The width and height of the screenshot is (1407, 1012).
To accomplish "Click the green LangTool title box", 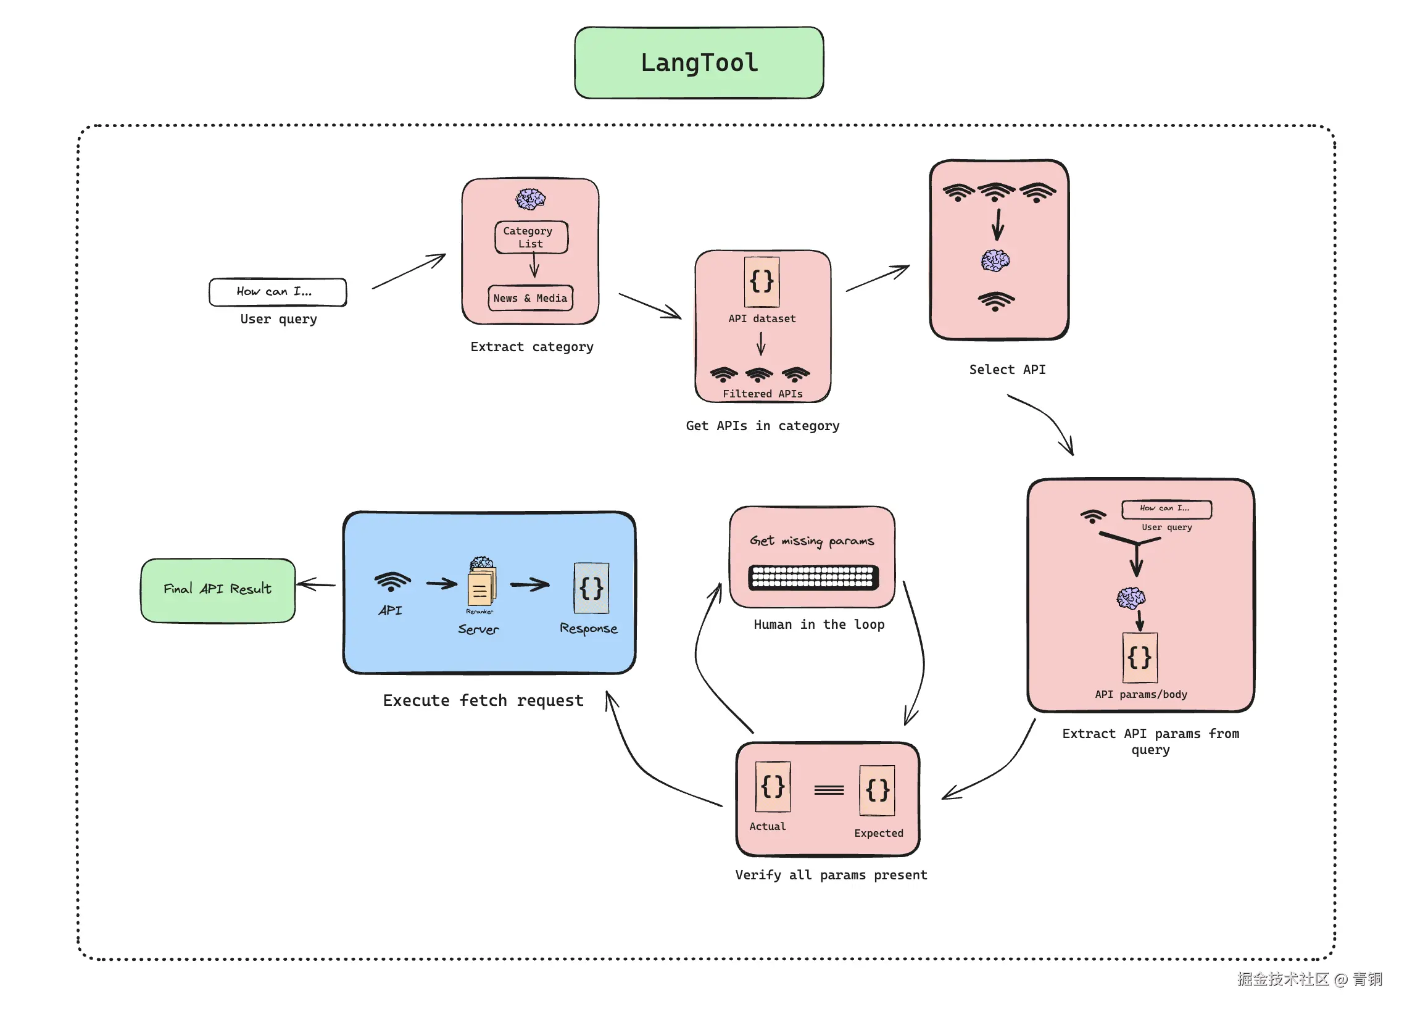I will click(x=699, y=63).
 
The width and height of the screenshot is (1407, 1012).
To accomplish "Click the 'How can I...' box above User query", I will click(x=277, y=292).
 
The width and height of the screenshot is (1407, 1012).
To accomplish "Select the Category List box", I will click(x=531, y=237).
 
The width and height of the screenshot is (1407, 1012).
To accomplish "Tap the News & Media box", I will click(x=531, y=299).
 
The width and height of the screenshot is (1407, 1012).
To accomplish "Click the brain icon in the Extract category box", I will click(x=531, y=199).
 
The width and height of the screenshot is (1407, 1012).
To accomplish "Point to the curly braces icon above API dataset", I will click(x=761, y=282).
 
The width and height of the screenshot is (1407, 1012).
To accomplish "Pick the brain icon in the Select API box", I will click(x=994, y=260).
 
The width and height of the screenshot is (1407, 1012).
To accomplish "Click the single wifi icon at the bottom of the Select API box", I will click(x=995, y=302).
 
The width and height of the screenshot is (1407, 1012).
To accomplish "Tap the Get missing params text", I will click(x=811, y=541).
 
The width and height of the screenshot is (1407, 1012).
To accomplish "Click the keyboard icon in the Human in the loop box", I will click(x=813, y=577).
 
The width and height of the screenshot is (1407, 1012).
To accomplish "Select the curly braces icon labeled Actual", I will click(x=773, y=787).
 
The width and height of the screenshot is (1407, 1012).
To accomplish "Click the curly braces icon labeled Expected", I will click(x=876, y=790).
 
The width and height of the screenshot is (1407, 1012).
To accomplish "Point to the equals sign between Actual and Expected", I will click(x=829, y=790).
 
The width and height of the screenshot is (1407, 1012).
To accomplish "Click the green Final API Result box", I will click(x=218, y=589).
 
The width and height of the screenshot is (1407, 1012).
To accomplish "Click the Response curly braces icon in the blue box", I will click(x=591, y=587).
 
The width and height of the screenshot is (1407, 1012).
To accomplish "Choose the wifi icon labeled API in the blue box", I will click(x=392, y=582).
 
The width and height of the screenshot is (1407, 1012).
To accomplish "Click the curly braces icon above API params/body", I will click(x=1139, y=658).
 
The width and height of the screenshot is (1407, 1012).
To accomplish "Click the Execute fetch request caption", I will click(x=483, y=700).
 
